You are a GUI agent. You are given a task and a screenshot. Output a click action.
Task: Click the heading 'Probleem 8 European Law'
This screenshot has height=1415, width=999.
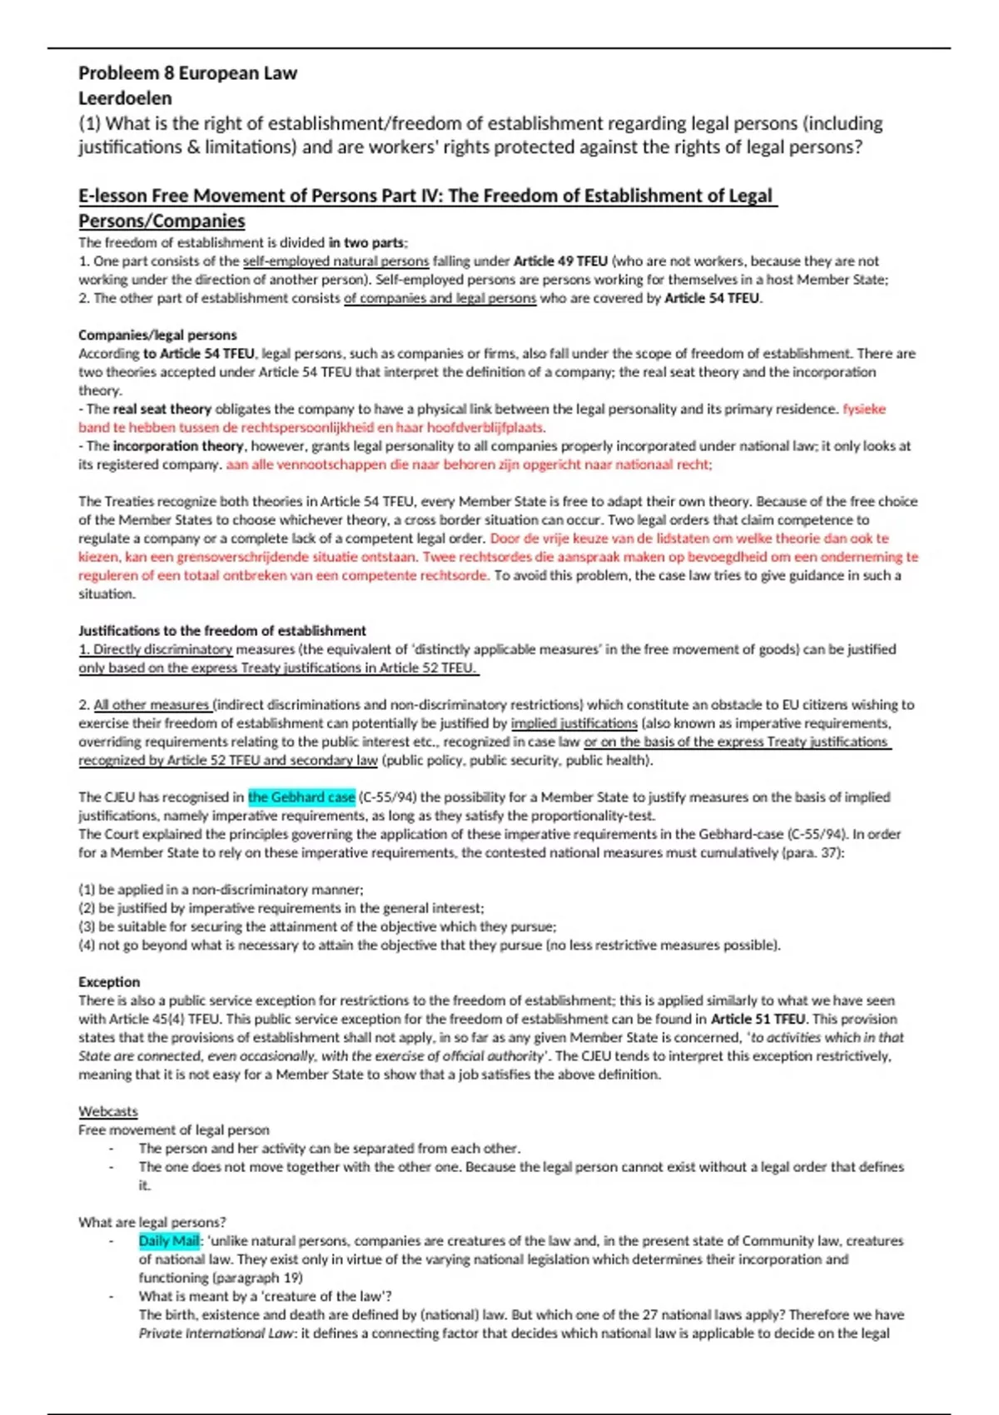click(x=187, y=73)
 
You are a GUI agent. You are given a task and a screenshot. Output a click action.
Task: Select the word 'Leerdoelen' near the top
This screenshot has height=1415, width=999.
click(x=125, y=98)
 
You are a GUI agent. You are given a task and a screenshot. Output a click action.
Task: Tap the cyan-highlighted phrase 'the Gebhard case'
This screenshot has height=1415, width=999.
click(x=301, y=797)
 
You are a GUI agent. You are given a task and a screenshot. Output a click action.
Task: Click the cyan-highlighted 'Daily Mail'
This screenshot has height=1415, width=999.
click(x=169, y=1241)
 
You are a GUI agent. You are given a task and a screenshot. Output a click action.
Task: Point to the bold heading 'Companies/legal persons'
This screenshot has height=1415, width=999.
click(x=157, y=335)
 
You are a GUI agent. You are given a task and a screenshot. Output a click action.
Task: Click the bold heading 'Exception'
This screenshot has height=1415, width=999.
click(x=109, y=982)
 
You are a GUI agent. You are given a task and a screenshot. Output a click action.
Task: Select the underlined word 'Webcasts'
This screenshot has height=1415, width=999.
click(x=108, y=1111)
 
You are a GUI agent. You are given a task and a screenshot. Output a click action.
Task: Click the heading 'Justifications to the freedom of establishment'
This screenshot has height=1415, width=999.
click(x=222, y=631)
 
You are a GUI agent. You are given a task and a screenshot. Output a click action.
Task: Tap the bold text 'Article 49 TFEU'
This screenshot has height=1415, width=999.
click(x=560, y=261)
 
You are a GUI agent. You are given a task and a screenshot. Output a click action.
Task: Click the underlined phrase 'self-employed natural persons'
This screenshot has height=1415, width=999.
click(x=335, y=261)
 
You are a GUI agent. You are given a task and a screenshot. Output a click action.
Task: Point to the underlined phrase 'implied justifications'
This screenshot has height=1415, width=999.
click(x=574, y=723)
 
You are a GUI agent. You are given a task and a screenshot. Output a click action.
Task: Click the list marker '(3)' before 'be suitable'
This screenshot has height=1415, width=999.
click(x=87, y=926)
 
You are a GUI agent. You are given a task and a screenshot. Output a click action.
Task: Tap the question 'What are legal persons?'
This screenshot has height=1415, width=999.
click(x=152, y=1222)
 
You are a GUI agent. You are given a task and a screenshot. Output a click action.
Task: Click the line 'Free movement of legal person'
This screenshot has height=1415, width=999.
click(x=174, y=1130)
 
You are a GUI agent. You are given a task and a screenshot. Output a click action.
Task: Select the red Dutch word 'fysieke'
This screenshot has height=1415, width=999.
click(x=864, y=410)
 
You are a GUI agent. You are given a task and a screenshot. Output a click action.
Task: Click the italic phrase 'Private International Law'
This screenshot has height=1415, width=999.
click(x=216, y=1333)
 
